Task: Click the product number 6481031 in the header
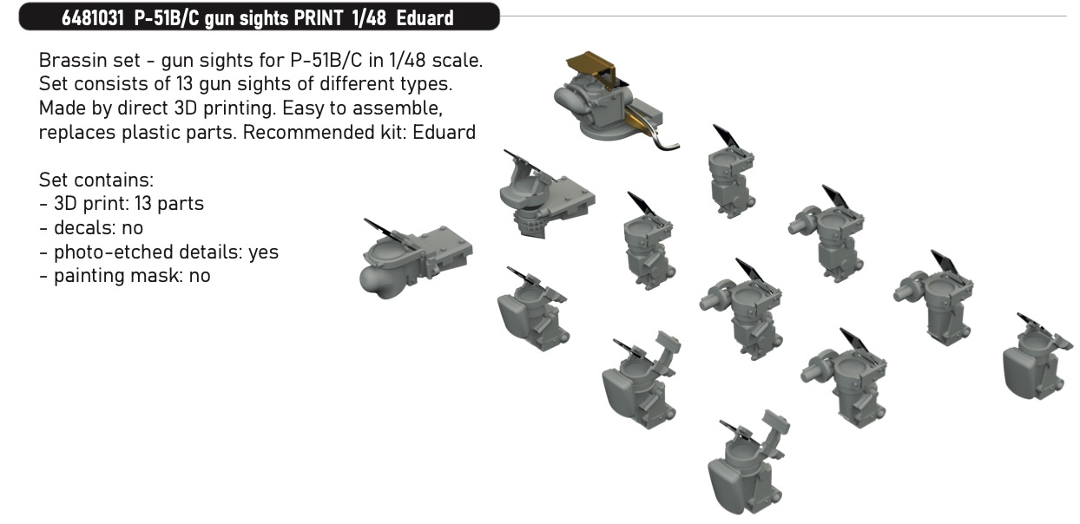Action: (x=93, y=18)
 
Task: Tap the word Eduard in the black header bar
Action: (x=425, y=18)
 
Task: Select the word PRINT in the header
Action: (x=319, y=18)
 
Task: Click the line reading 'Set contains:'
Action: (x=96, y=180)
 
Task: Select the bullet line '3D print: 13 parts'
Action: (x=122, y=204)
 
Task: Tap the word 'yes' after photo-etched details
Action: (x=263, y=252)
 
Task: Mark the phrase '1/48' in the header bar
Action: (x=369, y=18)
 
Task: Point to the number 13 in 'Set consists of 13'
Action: (x=184, y=84)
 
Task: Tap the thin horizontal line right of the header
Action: (x=783, y=16)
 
